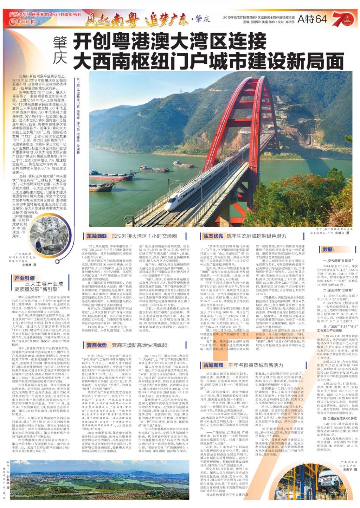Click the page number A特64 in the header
pyautogui.click(x=312, y=20)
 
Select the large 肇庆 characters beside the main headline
pyautogui.click(x=60, y=51)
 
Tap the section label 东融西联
pyautogui.click(x=97, y=236)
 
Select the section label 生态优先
pyautogui.click(x=213, y=236)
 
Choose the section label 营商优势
pyautogui.click(x=97, y=345)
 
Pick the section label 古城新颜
pyautogui.click(x=213, y=365)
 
